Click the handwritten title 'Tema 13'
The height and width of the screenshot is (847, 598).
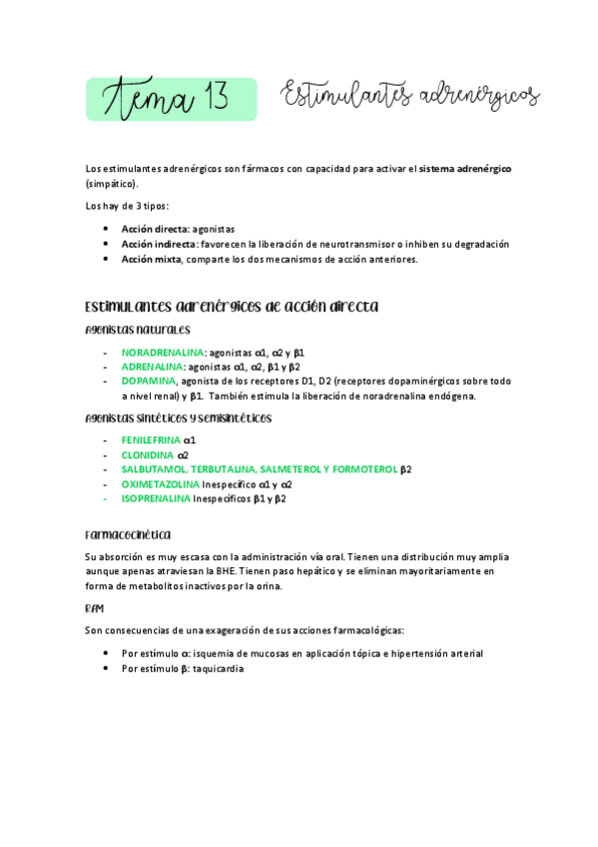click(x=172, y=99)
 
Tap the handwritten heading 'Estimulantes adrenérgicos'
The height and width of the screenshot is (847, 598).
click(x=410, y=97)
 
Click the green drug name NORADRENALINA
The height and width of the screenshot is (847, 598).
click(x=163, y=353)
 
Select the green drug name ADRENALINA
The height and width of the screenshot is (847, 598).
click(x=153, y=367)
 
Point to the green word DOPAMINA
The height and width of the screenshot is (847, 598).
click(x=149, y=381)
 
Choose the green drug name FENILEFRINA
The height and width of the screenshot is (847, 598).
click(x=152, y=439)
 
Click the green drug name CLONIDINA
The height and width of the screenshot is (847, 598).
click(x=148, y=454)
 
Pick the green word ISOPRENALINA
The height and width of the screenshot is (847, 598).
click(x=156, y=497)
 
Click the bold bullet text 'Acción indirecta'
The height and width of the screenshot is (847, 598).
click(x=159, y=244)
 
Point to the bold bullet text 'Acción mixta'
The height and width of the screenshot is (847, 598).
click(x=151, y=259)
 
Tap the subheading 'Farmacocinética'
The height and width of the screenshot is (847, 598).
click(x=128, y=533)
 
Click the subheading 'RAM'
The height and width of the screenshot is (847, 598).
click(x=96, y=607)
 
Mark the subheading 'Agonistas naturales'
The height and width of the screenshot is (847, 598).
click(x=138, y=330)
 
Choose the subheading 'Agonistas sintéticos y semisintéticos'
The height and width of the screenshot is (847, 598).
click(x=179, y=418)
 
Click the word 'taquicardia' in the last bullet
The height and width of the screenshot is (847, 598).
click(x=218, y=668)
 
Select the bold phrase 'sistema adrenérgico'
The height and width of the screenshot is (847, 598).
click(x=465, y=169)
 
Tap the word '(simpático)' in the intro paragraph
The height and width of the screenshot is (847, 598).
click(x=112, y=184)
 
